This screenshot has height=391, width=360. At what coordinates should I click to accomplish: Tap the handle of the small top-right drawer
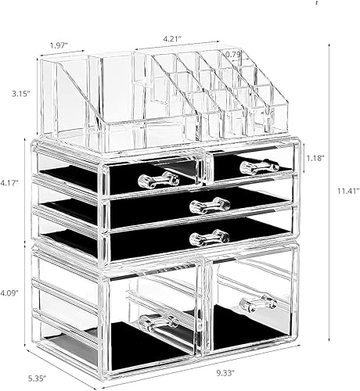click(x=259, y=166)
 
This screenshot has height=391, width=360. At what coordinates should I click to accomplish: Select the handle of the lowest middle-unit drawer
click(x=209, y=237)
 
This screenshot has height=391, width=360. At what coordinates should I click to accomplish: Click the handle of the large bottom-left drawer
click(x=159, y=320)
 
